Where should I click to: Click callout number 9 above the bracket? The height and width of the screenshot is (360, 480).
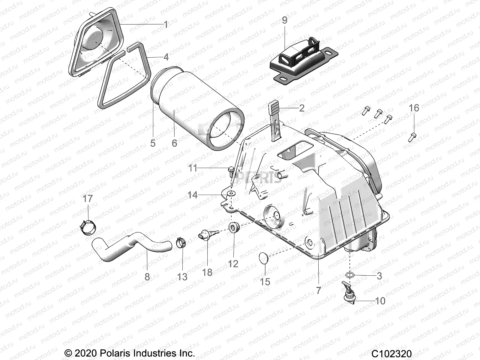tap(284, 20)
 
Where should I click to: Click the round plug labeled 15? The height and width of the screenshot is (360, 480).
tap(264, 258)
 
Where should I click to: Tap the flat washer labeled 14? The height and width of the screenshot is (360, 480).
tap(231, 194)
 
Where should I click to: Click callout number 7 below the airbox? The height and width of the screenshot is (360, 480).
tap(318, 290)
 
